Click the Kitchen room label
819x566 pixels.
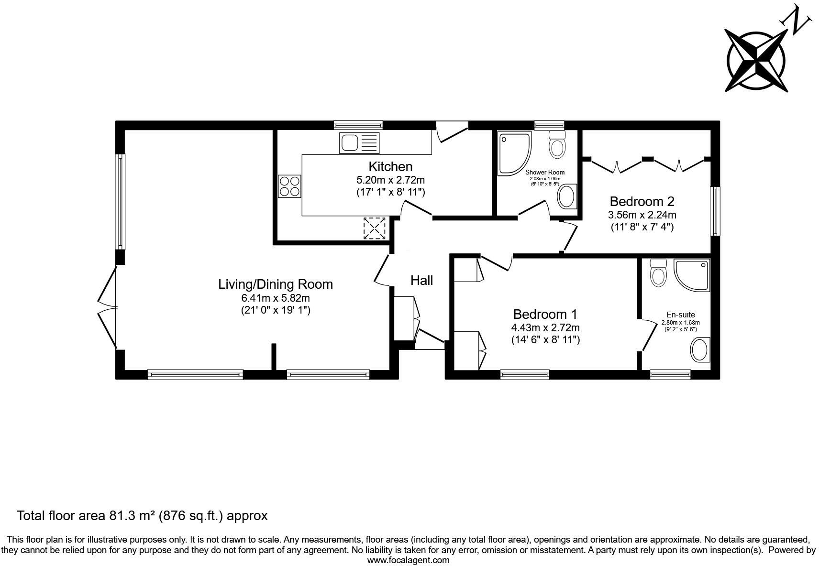(x=390, y=167)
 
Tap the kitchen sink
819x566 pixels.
(x=359, y=143)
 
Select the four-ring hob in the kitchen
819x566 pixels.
(x=289, y=186)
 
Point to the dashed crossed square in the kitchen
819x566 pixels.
(x=375, y=229)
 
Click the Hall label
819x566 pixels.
(x=421, y=280)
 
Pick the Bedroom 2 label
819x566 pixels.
(x=642, y=201)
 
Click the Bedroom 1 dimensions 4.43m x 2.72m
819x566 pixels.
(x=545, y=328)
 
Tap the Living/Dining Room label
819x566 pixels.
(x=276, y=284)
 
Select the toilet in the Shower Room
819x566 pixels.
(x=557, y=145)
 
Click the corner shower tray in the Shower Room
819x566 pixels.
(x=514, y=153)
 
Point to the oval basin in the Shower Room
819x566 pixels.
(x=567, y=196)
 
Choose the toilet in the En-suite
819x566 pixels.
(x=658, y=272)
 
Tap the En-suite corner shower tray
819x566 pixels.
(x=692, y=275)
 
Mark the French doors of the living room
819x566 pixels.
(x=108, y=308)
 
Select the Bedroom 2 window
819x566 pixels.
(x=715, y=211)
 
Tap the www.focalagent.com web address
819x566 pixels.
(x=409, y=560)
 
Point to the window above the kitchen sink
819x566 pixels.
(x=358, y=125)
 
